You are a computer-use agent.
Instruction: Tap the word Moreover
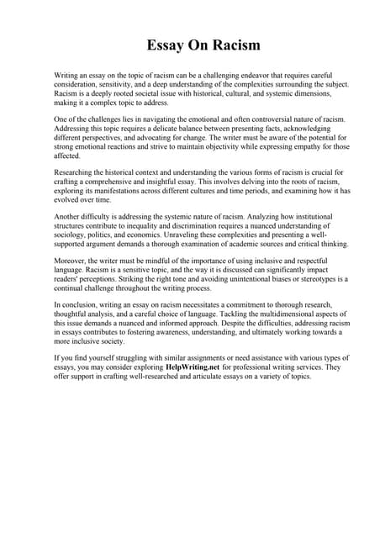coord(72,261)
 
